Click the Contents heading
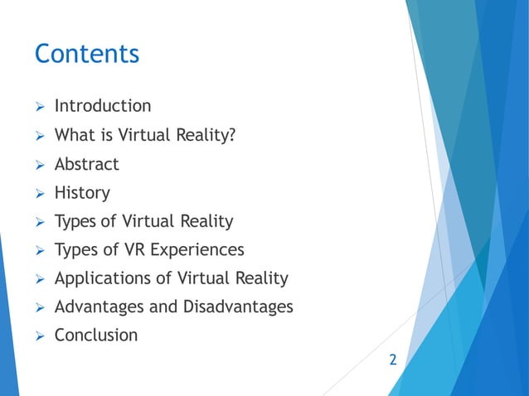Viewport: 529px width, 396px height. point(86,55)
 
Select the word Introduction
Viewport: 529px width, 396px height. point(103,106)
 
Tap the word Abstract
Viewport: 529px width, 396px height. point(86,164)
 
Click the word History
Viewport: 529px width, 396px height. point(81,193)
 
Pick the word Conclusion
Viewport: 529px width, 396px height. point(96,336)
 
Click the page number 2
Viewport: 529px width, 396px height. point(393,360)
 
